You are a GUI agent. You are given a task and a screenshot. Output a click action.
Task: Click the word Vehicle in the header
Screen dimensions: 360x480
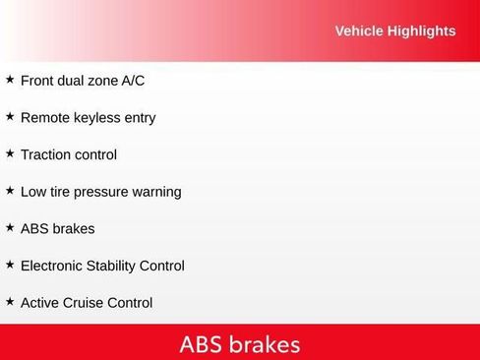pyautogui.click(x=359, y=30)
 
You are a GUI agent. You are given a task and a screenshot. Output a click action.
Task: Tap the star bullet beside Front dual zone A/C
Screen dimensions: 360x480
pyautogui.click(x=10, y=79)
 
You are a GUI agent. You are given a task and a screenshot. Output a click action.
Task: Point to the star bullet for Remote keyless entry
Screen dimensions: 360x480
pyautogui.click(x=10, y=116)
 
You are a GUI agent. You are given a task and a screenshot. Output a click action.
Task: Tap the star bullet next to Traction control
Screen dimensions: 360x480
pyautogui.click(x=10, y=153)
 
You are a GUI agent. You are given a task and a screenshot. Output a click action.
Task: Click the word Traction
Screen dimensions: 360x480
pyautogui.click(x=47, y=154)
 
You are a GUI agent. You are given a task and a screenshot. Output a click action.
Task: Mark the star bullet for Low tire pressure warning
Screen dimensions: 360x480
pyautogui.click(x=10, y=190)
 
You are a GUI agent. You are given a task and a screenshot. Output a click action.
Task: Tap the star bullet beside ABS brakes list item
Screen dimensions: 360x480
pyautogui.click(x=10, y=227)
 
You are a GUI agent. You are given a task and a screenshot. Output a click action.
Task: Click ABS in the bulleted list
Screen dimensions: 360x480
pyautogui.click(x=35, y=228)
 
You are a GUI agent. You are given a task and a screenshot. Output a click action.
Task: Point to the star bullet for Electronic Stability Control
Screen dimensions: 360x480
pyautogui.click(x=10, y=265)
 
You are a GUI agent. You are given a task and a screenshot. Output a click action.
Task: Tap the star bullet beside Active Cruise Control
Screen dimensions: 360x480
pyautogui.click(x=10, y=301)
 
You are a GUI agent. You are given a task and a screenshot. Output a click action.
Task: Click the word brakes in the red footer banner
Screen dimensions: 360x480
pyautogui.click(x=266, y=344)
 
